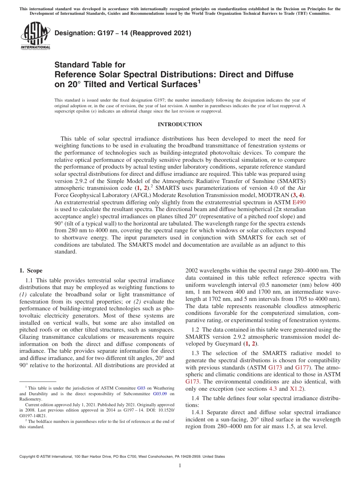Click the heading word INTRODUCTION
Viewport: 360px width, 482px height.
180,125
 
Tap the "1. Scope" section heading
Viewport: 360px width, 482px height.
31,271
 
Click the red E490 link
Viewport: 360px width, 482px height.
298,202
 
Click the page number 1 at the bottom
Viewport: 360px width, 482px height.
180,465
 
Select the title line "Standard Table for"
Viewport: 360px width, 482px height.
90,65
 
